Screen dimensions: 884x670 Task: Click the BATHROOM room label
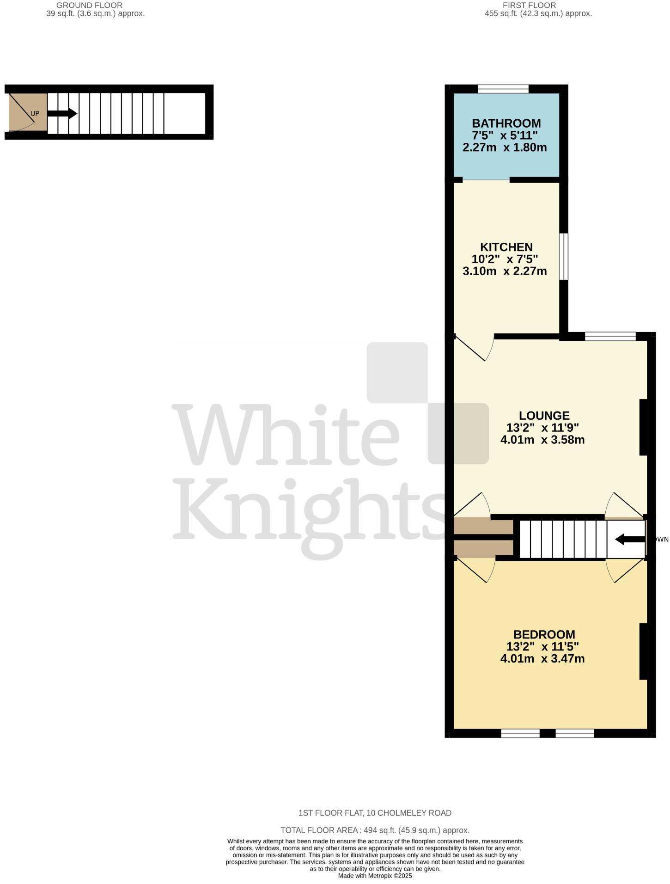tap(506, 123)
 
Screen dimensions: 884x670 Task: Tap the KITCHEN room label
tap(506, 247)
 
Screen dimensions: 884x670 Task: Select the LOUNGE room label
tap(544, 416)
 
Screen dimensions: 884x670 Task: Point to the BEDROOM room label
tap(544, 634)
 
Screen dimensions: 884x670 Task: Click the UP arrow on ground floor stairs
tap(62, 113)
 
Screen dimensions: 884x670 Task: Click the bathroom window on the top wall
tap(503, 89)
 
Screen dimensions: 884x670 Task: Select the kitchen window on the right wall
tap(564, 256)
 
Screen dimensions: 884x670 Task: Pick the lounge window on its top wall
tap(610, 337)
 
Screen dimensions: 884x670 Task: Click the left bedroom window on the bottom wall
tap(520, 733)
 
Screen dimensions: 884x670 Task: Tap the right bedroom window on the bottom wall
tap(574, 733)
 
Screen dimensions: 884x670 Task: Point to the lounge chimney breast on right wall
tap(643, 427)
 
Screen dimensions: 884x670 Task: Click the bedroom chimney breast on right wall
tap(643, 651)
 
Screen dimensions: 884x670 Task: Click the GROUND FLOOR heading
tap(89, 6)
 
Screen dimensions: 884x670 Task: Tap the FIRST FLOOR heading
tap(529, 6)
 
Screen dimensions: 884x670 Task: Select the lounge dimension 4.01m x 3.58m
tap(542, 440)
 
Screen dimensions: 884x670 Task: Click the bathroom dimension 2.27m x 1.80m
tap(505, 147)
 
